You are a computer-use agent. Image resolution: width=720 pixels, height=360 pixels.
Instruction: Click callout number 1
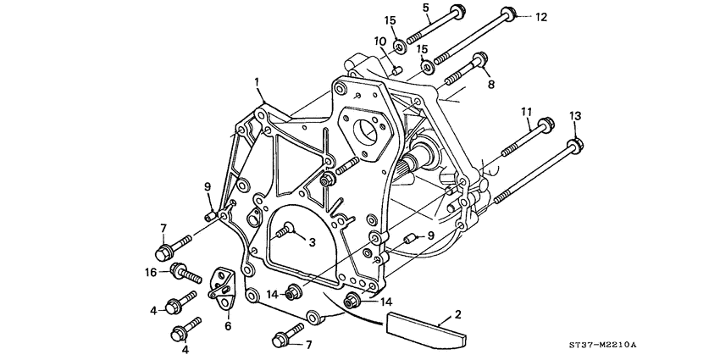256,81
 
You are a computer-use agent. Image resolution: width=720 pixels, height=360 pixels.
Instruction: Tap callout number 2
457,314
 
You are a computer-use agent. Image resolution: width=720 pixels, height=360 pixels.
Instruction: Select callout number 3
312,242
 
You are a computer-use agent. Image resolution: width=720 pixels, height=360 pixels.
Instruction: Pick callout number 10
380,41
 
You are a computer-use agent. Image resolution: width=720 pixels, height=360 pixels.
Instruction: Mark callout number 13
575,115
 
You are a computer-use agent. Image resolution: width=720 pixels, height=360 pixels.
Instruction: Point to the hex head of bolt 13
575,145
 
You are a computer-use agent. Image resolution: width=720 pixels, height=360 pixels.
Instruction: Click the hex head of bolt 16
179,272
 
